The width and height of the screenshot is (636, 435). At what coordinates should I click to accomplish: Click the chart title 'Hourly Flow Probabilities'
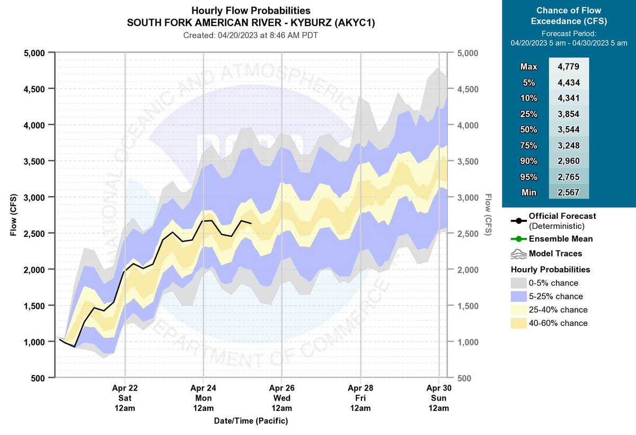pos(251,11)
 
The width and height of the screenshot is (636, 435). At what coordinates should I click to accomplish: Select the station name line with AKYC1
pos(251,23)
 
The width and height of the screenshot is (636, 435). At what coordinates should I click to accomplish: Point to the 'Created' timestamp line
pos(251,35)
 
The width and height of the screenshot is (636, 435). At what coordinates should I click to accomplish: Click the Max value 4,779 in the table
pos(569,67)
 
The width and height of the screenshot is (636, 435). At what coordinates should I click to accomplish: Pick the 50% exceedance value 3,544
pos(569,130)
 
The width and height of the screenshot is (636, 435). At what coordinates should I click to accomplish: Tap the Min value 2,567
pos(569,193)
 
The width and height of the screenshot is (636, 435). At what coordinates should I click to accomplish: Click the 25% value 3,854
pos(569,114)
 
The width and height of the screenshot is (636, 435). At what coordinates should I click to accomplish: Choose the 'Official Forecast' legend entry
pos(562,216)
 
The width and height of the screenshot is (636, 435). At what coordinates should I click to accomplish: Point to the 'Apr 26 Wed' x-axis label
pos(281,398)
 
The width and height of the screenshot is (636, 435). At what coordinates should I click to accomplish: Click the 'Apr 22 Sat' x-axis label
pos(125,398)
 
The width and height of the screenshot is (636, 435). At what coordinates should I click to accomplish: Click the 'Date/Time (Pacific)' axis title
pos(251,421)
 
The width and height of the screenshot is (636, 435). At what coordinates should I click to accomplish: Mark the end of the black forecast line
pos(251,223)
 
